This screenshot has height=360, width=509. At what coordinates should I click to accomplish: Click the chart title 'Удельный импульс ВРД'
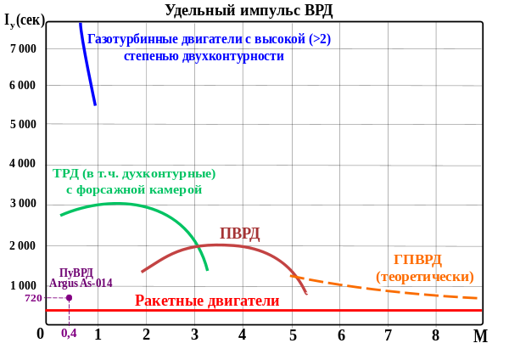(249, 10)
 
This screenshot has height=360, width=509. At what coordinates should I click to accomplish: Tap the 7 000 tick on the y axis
(23, 48)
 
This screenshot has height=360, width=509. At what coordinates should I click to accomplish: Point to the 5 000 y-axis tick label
(23, 124)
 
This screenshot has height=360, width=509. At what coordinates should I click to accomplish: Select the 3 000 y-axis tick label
(23, 204)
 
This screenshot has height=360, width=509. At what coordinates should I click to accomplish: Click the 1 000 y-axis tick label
(23, 286)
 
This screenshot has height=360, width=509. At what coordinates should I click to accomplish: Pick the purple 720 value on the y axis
(33, 298)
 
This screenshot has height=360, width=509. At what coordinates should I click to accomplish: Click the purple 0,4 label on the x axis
(69, 334)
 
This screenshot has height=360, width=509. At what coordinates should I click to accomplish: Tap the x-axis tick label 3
(194, 335)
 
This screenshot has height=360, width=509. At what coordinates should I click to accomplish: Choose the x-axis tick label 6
(341, 335)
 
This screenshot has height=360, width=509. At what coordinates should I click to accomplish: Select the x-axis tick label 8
(435, 335)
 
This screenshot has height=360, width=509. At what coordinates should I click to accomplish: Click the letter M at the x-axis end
(480, 335)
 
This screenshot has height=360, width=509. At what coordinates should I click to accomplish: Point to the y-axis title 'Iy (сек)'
(25, 20)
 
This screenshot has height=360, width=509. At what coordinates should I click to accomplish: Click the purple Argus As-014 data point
(69, 297)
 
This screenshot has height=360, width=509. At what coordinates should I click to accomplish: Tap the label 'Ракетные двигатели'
(207, 301)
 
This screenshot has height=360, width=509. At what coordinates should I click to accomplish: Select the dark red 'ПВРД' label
(239, 233)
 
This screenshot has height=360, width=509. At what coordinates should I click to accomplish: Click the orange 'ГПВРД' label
(417, 260)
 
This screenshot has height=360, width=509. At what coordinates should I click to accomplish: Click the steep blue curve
(87, 64)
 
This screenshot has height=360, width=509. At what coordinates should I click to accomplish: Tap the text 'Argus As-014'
(81, 284)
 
